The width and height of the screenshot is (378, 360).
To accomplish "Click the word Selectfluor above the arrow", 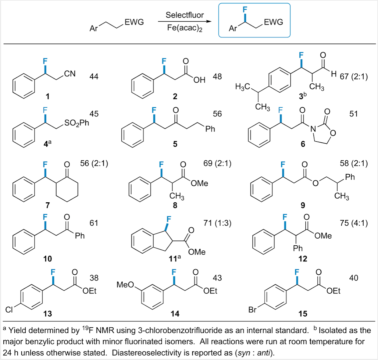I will [x=185, y=15].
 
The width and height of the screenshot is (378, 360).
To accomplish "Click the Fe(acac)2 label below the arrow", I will [x=185, y=29].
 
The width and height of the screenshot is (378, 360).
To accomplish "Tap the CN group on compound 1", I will [x=70, y=73].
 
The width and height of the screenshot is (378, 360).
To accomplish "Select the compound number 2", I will [x=175, y=97].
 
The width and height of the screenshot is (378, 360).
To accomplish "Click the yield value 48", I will [x=217, y=76].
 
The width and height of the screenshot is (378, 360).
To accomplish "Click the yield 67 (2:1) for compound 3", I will [x=354, y=76].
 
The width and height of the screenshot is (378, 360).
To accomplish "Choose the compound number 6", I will [x=303, y=144].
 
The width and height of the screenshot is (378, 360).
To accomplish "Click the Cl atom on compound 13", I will [x=9, y=310].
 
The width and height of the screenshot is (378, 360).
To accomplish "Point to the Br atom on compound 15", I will [x=253, y=310].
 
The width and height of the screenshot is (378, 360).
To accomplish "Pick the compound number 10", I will [x=47, y=259].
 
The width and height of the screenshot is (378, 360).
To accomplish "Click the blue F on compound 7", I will [x=45, y=164].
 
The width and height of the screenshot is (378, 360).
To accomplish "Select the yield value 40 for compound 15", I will [x=354, y=278].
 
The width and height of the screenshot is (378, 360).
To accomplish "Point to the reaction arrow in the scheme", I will [x=185, y=22].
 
